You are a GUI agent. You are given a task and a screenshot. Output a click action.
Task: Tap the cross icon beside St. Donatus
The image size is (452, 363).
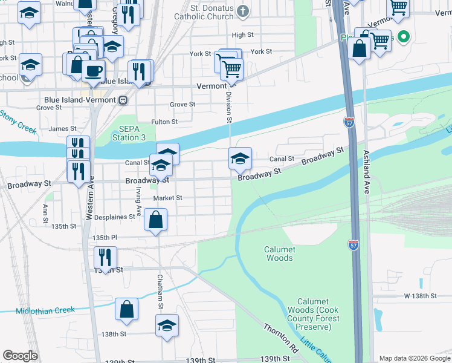pyautogui.click(x=242, y=10)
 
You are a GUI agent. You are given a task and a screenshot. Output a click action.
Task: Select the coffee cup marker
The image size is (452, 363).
pyautogui.click(x=92, y=70)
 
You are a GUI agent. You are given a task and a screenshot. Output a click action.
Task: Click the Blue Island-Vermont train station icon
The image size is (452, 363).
pyautogui.click(x=123, y=100)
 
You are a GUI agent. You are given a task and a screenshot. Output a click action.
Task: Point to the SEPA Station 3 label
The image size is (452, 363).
pyautogui.click(x=129, y=133)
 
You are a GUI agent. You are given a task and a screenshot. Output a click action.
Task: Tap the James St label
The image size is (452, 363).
pyautogui.click(x=62, y=129)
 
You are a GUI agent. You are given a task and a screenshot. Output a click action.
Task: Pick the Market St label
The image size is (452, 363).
pyautogui.click(x=167, y=198)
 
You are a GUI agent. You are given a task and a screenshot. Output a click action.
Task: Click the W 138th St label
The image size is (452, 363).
pyautogui.click(x=420, y=296)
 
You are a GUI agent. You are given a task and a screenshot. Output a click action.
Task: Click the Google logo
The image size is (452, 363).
pyautogui.click(x=20, y=356)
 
